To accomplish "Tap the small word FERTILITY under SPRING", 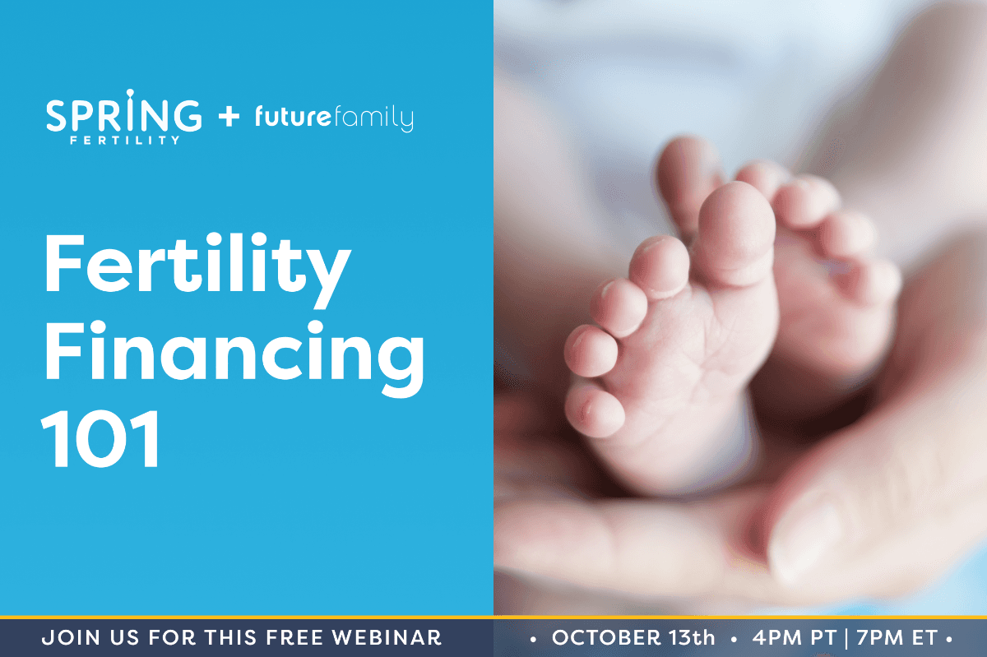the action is click(125, 140).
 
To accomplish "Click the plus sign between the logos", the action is click(229, 117).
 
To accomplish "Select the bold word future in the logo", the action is click(293, 116).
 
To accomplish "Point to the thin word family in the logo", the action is click(373, 118).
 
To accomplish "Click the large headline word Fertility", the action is click(197, 270).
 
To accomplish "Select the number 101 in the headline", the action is click(100, 438).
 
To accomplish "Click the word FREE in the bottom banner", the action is click(294, 637).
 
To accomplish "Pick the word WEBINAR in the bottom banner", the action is click(387, 637).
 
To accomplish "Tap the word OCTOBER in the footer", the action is click(606, 637).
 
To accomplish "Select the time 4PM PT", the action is click(794, 637).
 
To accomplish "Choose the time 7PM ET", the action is click(897, 637).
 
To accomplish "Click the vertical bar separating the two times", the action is click(846, 638).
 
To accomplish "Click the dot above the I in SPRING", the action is click(130, 93).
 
